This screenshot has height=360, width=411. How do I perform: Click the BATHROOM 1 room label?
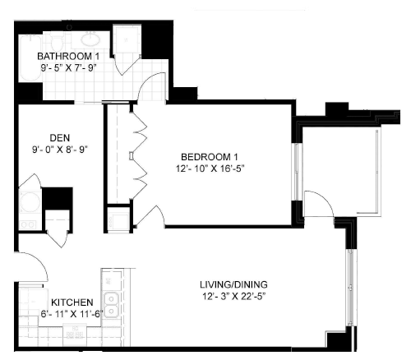[x=68, y=56]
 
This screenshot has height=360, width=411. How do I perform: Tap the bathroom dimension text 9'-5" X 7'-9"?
[x=69, y=68]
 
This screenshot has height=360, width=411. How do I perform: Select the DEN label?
[x=60, y=137]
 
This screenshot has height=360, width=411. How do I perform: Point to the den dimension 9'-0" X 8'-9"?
[x=60, y=150]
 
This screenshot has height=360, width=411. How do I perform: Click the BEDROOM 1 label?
[x=210, y=157]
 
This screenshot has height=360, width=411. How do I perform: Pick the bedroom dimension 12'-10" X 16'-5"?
[x=210, y=168]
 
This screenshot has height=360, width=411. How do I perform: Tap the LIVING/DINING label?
[x=233, y=284]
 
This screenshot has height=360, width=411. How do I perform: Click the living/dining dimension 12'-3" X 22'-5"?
[x=233, y=297]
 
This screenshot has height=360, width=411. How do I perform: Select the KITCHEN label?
[x=72, y=302]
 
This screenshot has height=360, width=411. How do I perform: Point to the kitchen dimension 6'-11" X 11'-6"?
[x=72, y=314]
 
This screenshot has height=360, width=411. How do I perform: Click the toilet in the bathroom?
[x=58, y=41]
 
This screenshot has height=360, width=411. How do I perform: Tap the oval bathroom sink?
[x=90, y=39]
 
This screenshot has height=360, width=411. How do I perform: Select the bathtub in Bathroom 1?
[x=30, y=58]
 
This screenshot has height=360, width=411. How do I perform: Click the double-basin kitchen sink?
[x=111, y=305]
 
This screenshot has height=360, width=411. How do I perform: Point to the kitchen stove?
[x=75, y=335]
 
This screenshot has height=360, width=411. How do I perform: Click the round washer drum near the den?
[x=30, y=203]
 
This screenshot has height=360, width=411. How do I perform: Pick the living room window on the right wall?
[x=350, y=287]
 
